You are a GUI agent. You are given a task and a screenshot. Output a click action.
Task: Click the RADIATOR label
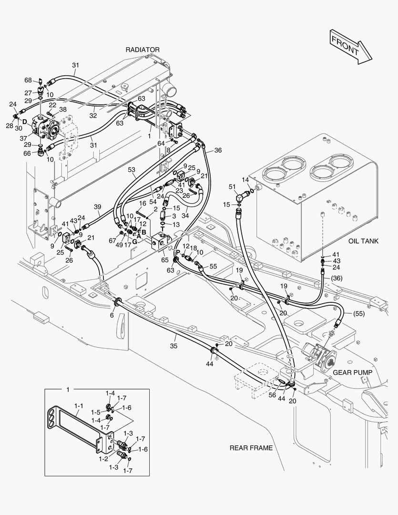pos(143,50)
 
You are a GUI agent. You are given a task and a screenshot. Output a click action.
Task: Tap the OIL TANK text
pos(363,241)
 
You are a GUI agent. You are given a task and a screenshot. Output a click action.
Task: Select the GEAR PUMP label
pos(352,372)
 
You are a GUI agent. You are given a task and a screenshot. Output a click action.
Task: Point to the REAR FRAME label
pos(251,448)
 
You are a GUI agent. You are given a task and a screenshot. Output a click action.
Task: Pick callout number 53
pos(132,169)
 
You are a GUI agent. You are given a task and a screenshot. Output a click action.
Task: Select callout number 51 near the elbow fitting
pos(232,186)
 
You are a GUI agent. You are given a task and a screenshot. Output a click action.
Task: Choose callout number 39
pos(97,206)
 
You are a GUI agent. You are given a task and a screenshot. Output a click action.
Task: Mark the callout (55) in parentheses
pos(360,313)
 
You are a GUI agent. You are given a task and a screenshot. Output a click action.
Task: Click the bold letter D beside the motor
pos(24,122)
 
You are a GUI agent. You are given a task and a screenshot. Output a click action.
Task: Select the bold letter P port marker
pos(178,252)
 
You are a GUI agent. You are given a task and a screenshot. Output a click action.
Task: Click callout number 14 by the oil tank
pos(245,179)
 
